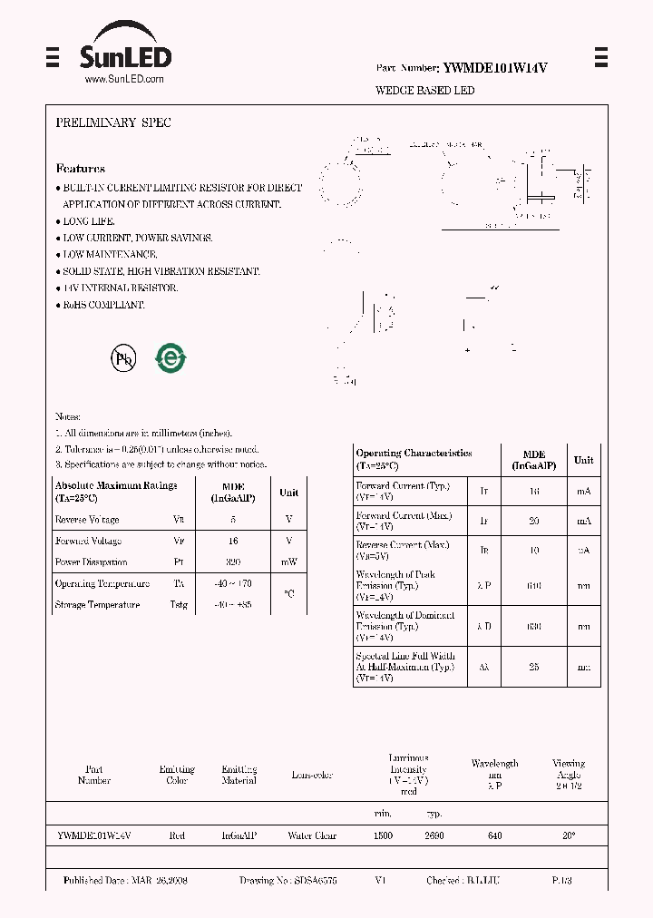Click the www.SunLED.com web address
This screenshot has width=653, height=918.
coord(124,80)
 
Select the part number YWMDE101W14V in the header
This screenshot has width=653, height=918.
coord(494,68)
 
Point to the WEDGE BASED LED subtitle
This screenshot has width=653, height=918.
coord(424,91)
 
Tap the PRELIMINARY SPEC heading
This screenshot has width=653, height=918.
coord(113,122)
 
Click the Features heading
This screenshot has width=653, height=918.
coord(80,169)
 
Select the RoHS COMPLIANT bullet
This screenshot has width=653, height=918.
coord(102,305)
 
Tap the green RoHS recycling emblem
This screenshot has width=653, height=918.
coord(170,358)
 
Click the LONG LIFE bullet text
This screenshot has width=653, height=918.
coord(88,221)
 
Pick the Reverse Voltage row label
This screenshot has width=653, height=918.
coord(87,520)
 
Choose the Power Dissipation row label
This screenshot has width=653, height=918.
coord(91,562)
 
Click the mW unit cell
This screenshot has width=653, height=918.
coord(288,562)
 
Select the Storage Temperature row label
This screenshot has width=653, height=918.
coord(97,605)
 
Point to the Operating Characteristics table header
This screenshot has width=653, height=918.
coord(414,458)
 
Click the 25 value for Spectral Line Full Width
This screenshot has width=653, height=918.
coord(533,667)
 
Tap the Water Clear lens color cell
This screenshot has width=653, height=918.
coord(312,835)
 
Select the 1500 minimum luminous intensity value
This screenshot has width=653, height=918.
coord(383,835)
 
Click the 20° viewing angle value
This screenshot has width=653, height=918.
coord(569,835)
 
